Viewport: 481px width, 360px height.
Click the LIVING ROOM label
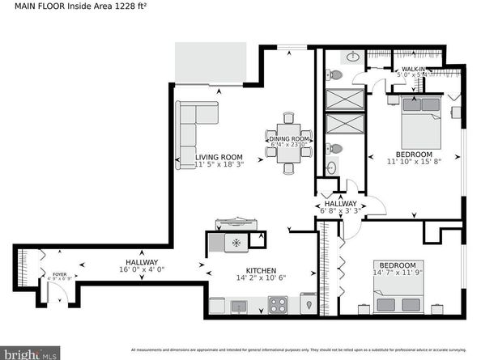pyautogui.click(x=219, y=157)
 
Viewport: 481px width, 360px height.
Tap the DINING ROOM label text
pyautogui.click(x=289, y=139)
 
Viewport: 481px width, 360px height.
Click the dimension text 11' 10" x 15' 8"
pyautogui.click(x=414, y=162)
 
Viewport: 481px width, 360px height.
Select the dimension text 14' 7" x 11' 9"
pyautogui.click(x=398, y=273)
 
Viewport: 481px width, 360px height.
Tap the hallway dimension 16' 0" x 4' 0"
pyautogui.click(x=142, y=271)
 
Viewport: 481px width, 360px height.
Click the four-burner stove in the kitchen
pyautogui.click(x=278, y=305)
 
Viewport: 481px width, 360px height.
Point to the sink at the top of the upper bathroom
pyautogui.click(x=352, y=57)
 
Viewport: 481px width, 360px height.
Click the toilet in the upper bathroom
pyautogui.click(x=336, y=75)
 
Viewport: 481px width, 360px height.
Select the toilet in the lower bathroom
pyautogui.click(x=335, y=150)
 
